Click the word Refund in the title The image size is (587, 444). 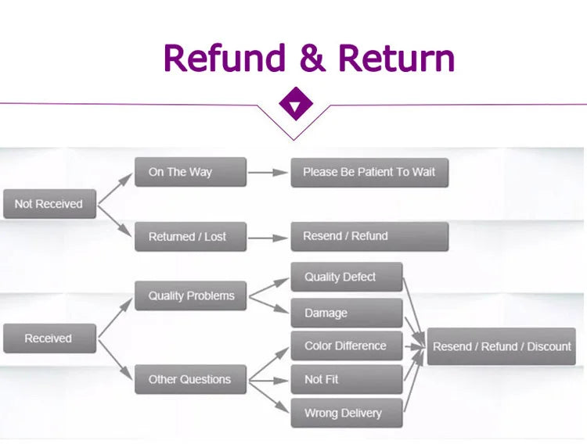[225, 58]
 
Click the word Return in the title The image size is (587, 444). [397, 58]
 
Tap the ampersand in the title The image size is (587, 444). [312, 58]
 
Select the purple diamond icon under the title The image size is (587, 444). [296, 104]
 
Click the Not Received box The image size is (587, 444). [50, 204]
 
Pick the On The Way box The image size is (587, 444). [190, 172]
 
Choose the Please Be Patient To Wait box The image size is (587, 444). [369, 173]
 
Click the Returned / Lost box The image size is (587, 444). [190, 237]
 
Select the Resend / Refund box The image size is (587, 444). [369, 237]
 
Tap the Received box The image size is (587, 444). [50, 338]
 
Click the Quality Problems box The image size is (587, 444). [190, 296]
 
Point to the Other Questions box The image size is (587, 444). [190, 379]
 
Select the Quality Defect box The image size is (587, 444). [347, 277]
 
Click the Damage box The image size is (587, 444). [347, 313]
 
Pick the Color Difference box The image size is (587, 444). [347, 346]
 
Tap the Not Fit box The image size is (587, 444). [347, 379]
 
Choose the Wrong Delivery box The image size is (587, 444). [347, 413]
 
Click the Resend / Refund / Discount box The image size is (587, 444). [501, 346]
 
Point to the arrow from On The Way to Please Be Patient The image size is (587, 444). [268, 173]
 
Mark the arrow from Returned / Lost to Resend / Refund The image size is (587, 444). [268, 238]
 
